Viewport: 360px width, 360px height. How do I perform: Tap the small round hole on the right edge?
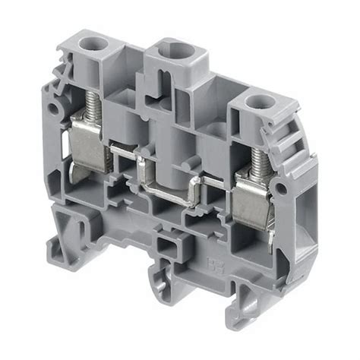point(282,187)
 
